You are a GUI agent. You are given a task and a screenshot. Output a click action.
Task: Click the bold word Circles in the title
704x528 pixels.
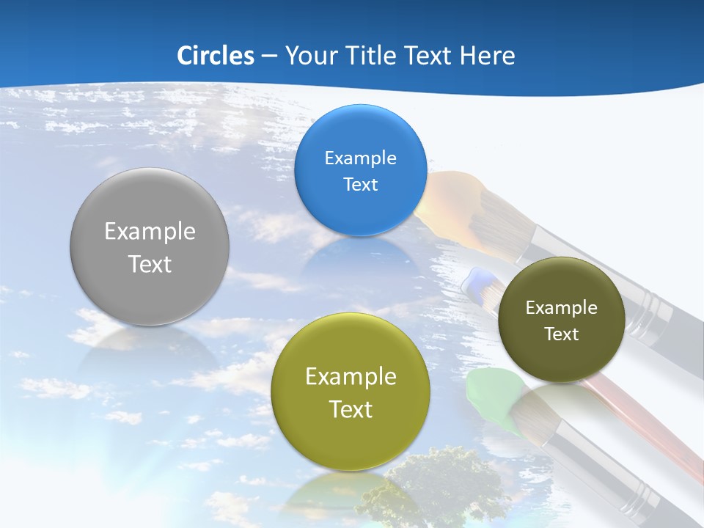click(x=215, y=56)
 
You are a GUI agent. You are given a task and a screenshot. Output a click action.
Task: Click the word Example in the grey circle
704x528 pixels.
click(x=150, y=232)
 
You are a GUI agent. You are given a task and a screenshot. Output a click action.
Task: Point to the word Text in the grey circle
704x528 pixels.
click(x=150, y=264)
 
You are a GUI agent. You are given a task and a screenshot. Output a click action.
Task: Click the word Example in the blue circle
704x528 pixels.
click(x=360, y=158)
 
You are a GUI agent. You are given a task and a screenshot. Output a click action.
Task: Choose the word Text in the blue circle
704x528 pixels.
click(x=360, y=185)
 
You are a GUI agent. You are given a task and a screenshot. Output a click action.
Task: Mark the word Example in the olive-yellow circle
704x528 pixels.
click(x=350, y=377)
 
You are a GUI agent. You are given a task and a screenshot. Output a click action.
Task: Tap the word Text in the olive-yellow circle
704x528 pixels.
click(x=350, y=409)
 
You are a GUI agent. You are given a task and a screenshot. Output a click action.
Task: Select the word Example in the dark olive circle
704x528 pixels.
click(x=561, y=308)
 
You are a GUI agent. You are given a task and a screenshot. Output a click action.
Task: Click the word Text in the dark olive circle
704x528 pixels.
click(x=561, y=334)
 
